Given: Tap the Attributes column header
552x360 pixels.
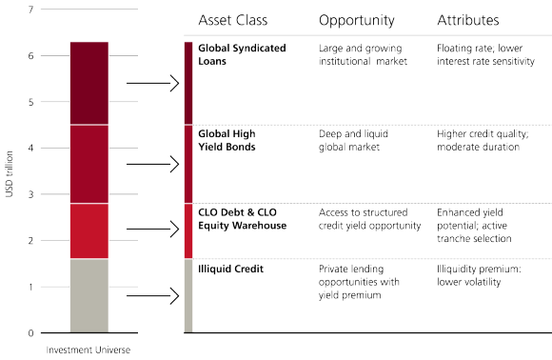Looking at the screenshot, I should click(x=467, y=21).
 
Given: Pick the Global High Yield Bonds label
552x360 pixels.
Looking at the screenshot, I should click(x=227, y=141).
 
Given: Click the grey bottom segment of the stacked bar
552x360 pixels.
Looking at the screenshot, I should click(x=89, y=295).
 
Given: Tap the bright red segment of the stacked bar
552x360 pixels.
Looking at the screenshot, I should click(x=89, y=231).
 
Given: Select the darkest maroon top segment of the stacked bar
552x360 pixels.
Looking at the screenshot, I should click(x=89, y=83).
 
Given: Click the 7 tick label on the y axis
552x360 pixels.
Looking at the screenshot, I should click(x=31, y=10).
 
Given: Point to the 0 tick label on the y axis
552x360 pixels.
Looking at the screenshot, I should click(x=31, y=333).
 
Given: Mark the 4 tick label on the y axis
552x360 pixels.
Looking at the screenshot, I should click(x=31, y=149).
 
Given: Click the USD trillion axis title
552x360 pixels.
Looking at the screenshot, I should click(x=10, y=172).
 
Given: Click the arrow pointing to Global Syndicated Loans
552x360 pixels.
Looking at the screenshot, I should click(x=152, y=84).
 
